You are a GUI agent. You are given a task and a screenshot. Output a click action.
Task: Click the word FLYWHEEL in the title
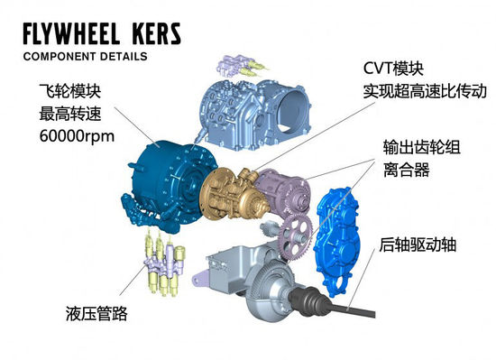tap(78, 35)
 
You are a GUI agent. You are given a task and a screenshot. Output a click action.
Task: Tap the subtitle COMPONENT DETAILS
tap(86, 57)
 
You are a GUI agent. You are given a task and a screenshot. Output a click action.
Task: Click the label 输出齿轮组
tap(421, 146)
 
